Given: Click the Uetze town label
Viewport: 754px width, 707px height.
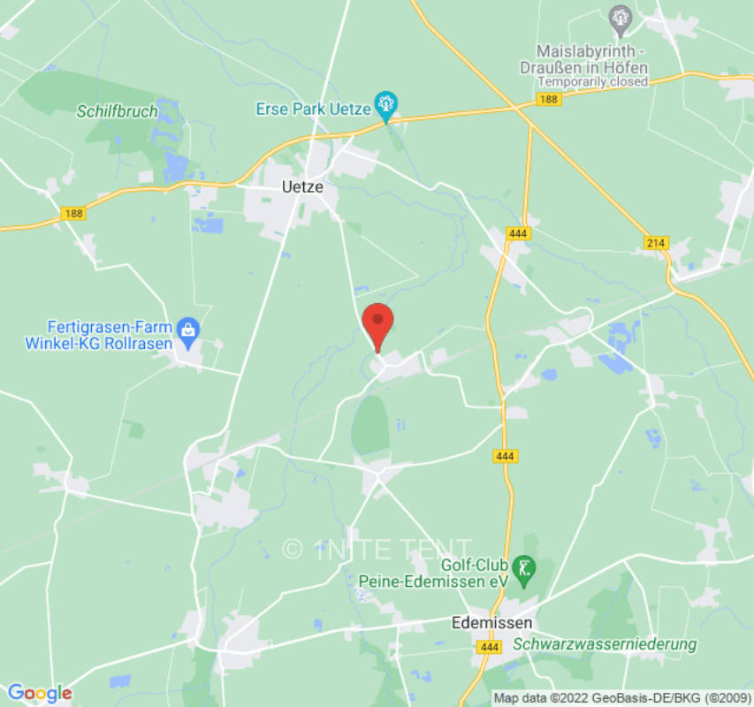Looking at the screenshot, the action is pyautogui.click(x=302, y=187).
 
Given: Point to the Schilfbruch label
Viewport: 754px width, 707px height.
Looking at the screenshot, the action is pyautogui.click(x=117, y=111).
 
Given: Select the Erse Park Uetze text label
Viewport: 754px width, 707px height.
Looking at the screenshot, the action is pyautogui.click(x=312, y=108).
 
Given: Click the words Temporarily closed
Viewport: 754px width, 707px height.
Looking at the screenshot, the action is pyautogui.click(x=593, y=81).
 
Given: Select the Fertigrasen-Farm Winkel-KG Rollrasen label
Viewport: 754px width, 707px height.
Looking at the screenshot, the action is pyautogui.click(x=99, y=335).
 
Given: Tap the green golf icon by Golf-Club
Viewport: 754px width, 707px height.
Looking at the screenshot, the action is pyautogui.click(x=525, y=566).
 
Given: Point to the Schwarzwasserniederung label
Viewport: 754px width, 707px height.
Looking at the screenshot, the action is pyautogui.click(x=605, y=644).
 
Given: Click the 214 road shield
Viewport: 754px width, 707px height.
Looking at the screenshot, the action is pyautogui.click(x=656, y=243).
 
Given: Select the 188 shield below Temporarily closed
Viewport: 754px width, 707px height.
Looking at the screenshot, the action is pyautogui.click(x=548, y=99).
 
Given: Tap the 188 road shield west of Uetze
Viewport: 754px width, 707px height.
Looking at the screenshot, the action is pyautogui.click(x=72, y=214).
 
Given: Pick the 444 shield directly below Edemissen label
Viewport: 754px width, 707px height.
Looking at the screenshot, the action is pyautogui.click(x=488, y=647).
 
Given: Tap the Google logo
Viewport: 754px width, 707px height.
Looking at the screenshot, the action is pyautogui.click(x=39, y=694).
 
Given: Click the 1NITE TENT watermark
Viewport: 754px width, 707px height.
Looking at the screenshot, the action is pyautogui.click(x=377, y=550).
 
